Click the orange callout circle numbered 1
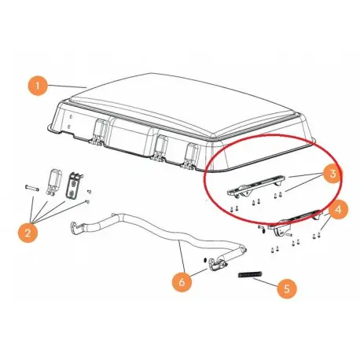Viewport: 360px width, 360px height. point(38,85)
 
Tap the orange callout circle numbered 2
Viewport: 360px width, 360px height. point(28,233)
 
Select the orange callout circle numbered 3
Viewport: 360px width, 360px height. point(332,173)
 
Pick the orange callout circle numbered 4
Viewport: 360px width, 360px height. point(338,210)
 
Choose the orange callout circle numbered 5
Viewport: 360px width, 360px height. point(287,288)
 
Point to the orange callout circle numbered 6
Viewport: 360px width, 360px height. point(182,282)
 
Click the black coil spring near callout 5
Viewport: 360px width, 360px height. point(250,274)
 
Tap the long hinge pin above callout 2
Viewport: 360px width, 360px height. point(32,188)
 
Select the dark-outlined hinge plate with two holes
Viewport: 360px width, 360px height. point(74,185)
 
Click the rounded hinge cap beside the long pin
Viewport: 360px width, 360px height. point(53,182)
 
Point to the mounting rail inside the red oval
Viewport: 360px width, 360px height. point(255,186)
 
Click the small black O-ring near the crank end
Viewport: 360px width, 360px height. point(205,260)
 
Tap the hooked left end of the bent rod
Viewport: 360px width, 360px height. point(75,226)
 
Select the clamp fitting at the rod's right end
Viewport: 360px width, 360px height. point(218,264)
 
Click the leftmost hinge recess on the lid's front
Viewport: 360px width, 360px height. point(99,132)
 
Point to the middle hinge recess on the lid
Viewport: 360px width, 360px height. point(160,147)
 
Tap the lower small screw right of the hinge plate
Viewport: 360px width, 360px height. point(87,202)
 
